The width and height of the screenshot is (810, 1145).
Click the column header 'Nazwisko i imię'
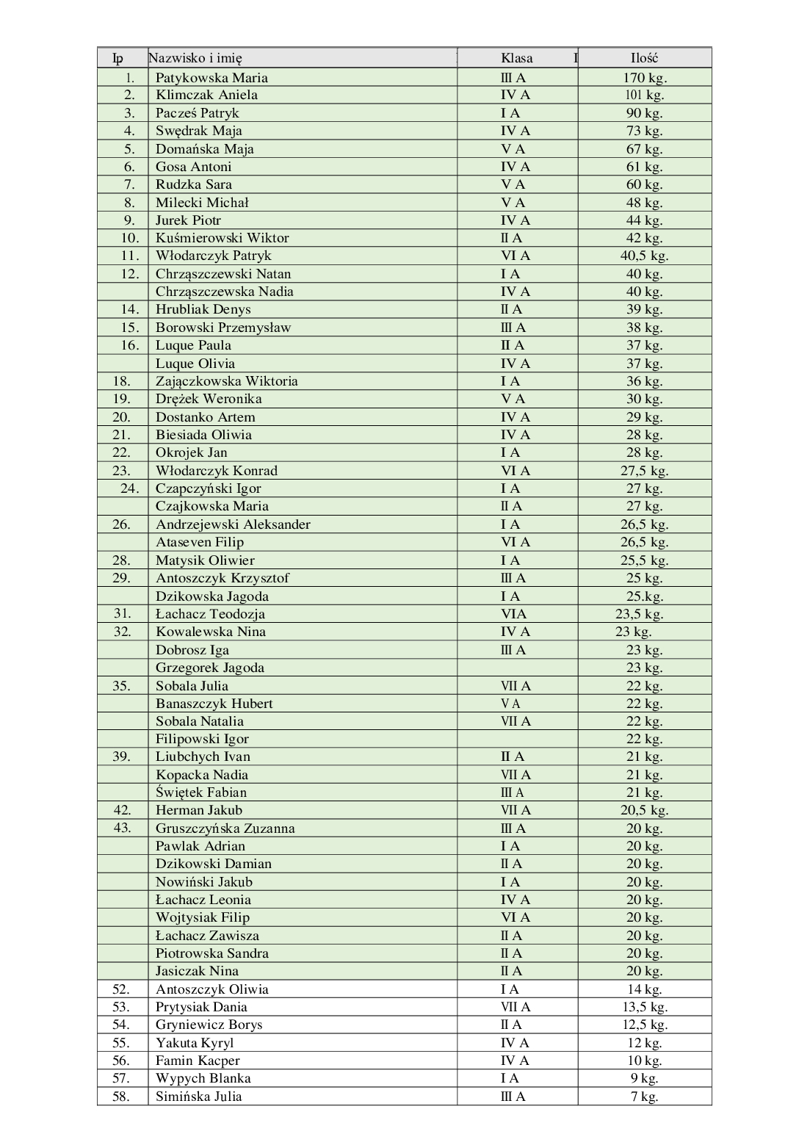click(195, 59)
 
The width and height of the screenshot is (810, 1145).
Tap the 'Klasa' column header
click(516, 59)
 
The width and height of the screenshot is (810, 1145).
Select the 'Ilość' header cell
click(644, 59)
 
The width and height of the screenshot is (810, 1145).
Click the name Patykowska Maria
click(211, 78)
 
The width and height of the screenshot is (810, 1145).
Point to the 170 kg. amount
click(644, 78)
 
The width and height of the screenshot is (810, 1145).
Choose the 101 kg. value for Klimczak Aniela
click(644, 95)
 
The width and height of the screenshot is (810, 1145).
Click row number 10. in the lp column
click(130, 238)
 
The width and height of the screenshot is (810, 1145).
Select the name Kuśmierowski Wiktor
click(222, 238)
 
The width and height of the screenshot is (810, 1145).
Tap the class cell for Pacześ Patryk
click(510, 113)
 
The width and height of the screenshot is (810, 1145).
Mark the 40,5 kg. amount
click(644, 256)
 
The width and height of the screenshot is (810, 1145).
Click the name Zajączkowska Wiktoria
click(226, 381)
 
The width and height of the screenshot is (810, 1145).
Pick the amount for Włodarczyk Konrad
click(644, 471)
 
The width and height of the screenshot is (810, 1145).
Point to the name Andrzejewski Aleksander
click(233, 524)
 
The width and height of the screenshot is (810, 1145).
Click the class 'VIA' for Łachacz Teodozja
click(513, 614)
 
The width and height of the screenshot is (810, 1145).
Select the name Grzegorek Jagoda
click(209, 668)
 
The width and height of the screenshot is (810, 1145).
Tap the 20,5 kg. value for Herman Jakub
click(644, 811)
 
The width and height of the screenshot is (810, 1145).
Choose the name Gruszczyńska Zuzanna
click(225, 828)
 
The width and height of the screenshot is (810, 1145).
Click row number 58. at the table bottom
click(121, 1097)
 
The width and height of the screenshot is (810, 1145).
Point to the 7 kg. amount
click(644, 1097)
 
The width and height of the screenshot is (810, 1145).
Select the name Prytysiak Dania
click(201, 1007)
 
